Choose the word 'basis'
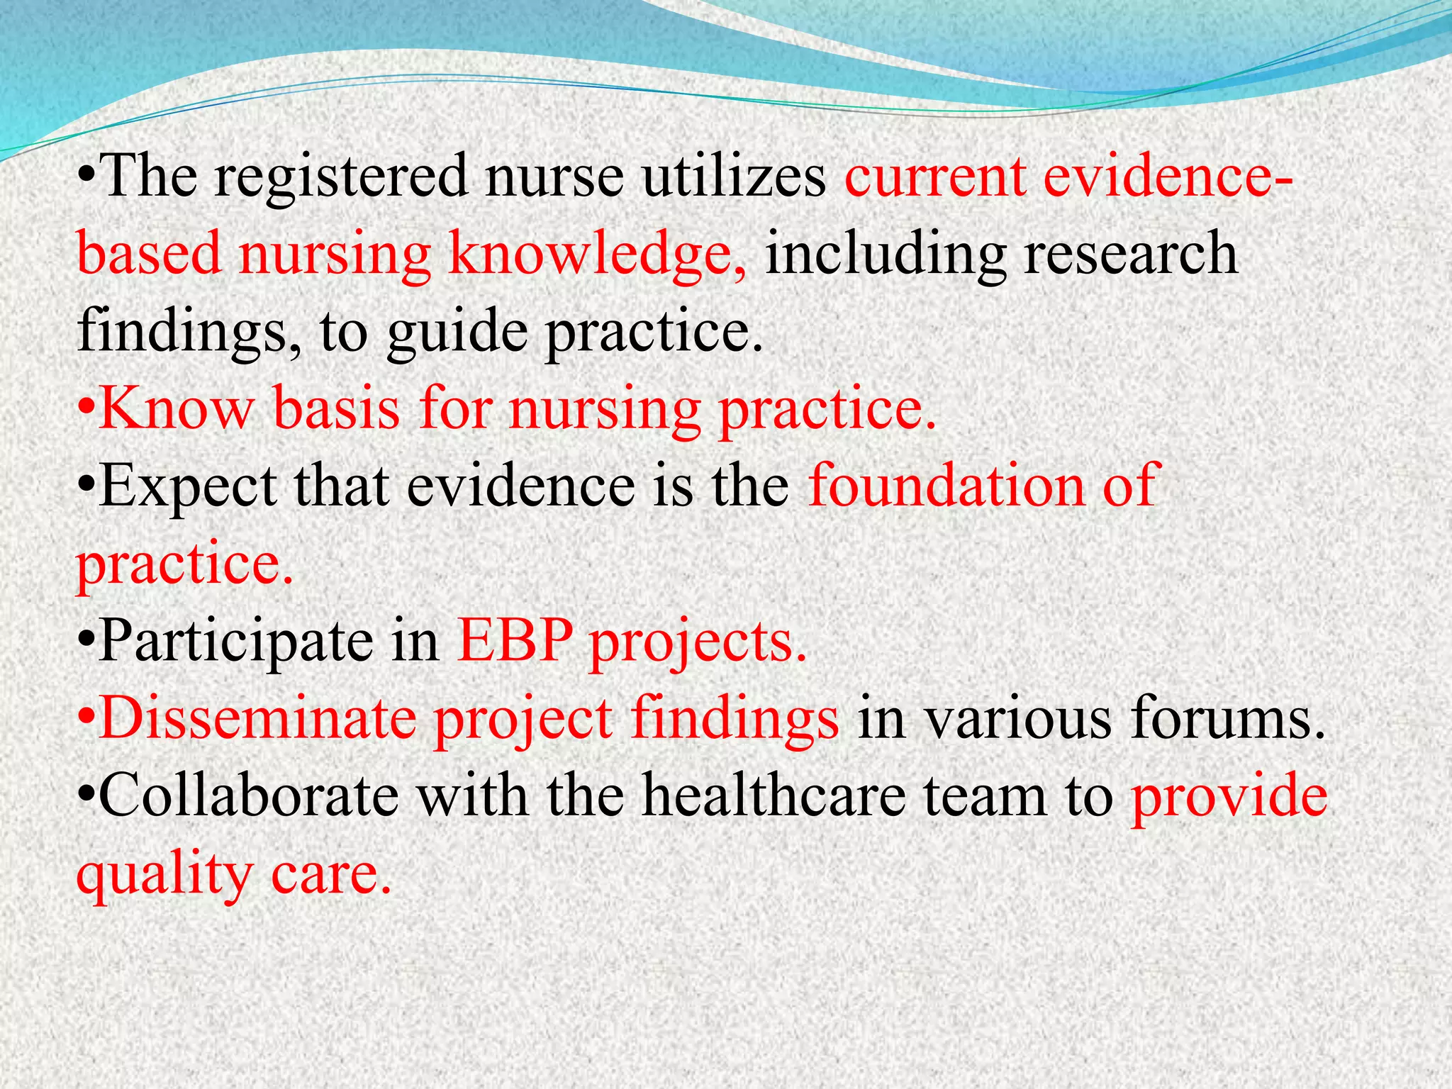click(337, 409)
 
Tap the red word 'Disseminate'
click(258, 719)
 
